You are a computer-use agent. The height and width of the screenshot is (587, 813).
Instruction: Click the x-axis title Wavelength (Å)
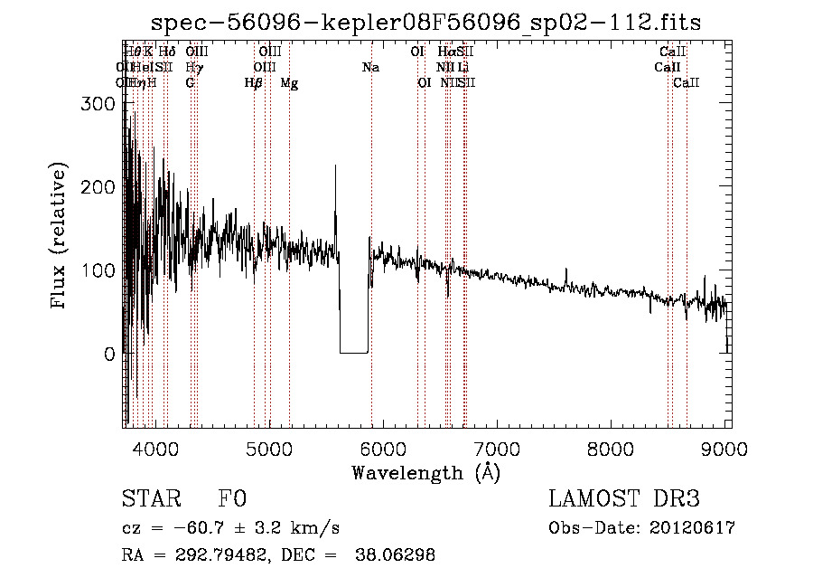coord(425,472)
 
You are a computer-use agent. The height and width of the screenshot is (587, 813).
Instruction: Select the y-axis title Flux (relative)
coord(61,237)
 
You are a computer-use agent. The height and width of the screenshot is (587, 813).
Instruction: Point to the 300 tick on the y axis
coord(98,104)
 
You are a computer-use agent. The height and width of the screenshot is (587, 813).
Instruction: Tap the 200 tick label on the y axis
coord(98,187)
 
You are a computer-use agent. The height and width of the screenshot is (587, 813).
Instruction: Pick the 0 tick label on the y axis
coord(110,354)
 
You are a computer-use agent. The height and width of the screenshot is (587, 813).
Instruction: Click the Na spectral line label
coord(370,67)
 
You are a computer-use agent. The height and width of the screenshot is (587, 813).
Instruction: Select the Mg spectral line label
coord(289,83)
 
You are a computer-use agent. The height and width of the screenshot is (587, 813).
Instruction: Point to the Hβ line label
coord(254,83)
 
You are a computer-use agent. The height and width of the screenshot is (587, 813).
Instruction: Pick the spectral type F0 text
coord(233,500)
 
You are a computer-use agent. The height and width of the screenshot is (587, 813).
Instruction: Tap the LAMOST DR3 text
coord(624,500)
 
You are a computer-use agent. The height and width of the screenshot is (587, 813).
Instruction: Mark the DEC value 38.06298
coord(394,555)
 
